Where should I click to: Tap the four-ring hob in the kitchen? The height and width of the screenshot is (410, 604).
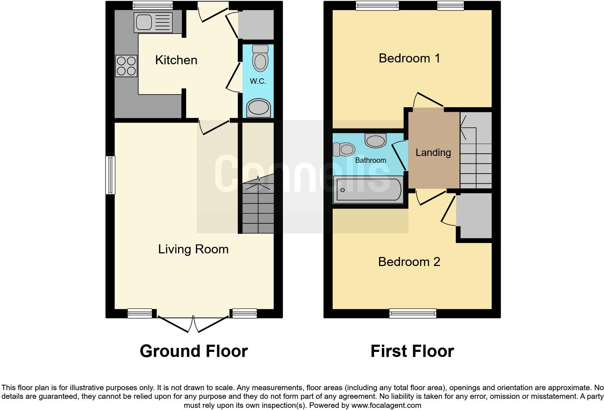tap(126, 66)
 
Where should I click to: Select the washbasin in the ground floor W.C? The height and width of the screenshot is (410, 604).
tap(259, 108)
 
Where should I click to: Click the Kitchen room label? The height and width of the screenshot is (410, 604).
tap(176, 60)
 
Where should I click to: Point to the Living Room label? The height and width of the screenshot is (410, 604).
tap(193, 249)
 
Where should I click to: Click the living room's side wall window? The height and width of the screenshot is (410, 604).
tap(110, 175)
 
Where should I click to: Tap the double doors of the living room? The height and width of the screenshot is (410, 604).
tap(194, 323)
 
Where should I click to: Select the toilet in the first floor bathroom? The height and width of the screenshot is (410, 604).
tap(344, 149)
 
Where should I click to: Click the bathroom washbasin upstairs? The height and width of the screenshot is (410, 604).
tap(376, 140)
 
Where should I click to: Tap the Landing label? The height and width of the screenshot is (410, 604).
tap(433, 152)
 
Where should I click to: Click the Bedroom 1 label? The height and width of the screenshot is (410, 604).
tap(409, 58)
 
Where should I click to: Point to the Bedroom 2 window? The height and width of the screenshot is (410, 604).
tap(413, 313)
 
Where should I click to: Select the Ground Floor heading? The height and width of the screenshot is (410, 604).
tap(194, 351)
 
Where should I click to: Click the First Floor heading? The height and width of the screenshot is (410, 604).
tap(412, 351)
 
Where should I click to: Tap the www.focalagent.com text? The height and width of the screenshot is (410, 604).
tap(386, 405)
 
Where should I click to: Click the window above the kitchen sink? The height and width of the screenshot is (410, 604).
tap(152, 5)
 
